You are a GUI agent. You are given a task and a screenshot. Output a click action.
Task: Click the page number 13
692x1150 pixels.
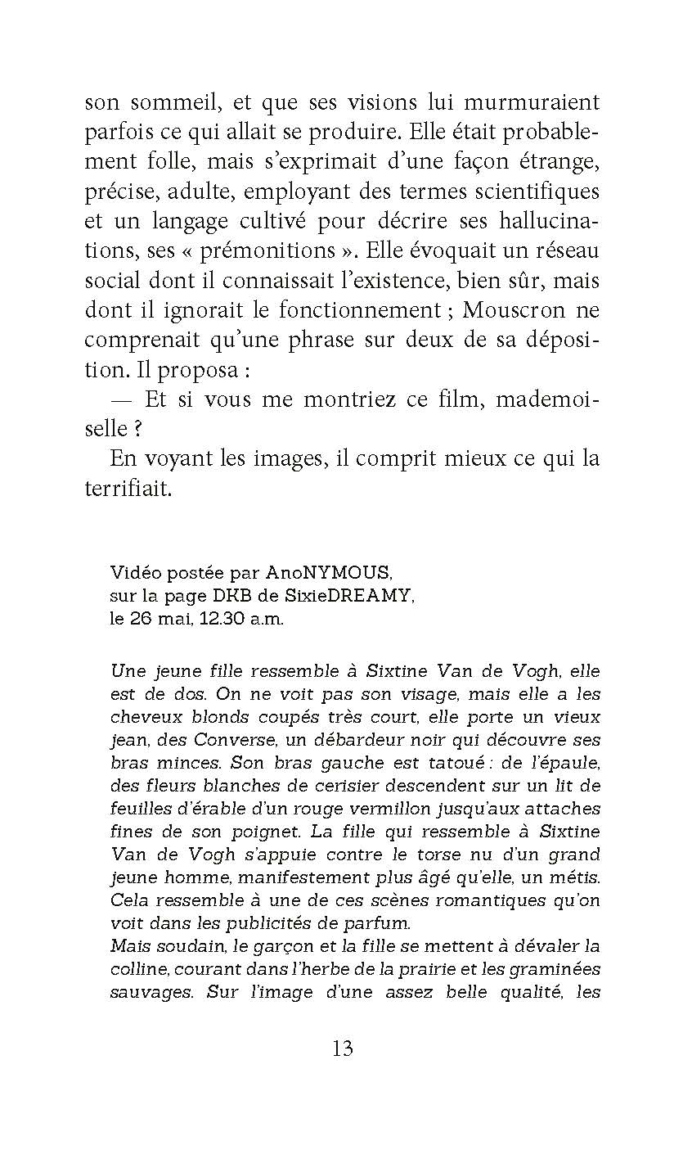(343, 1048)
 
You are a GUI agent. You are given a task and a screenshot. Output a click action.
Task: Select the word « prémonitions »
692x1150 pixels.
(267, 251)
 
